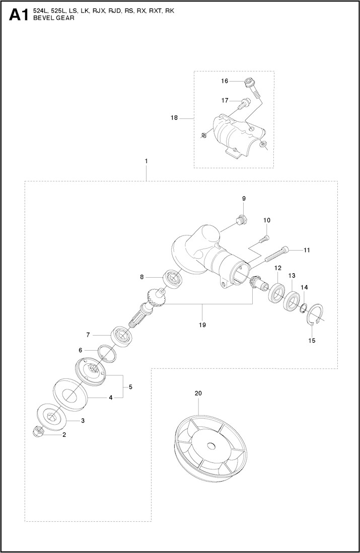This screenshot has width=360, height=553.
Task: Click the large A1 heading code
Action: click(x=19, y=16)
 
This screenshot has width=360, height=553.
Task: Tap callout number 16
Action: click(x=225, y=81)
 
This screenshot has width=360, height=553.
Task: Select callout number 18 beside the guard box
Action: click(x=175, y=118)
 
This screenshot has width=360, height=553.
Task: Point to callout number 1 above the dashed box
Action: click(x=146, y=161)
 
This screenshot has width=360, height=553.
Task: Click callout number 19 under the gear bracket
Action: click(x=202, y=325)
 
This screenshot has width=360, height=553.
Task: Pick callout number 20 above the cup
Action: click(x=197, y=392)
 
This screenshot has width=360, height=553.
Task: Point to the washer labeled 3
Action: click(x=51, y=415)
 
